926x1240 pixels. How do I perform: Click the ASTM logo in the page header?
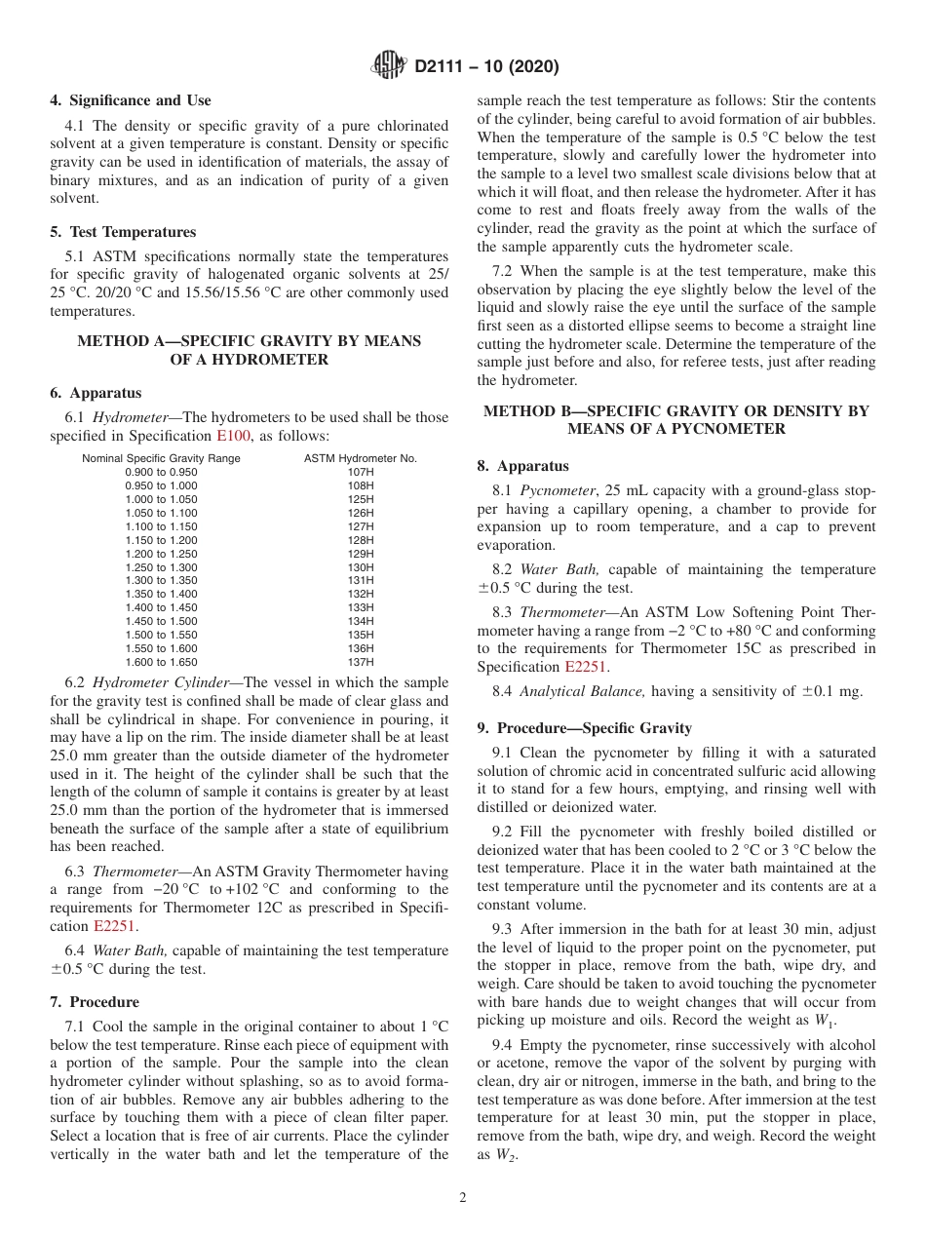(x=390, y=67)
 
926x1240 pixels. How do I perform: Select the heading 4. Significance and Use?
(x=130, y=100)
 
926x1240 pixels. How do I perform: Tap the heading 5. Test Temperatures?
(x=123, y=232)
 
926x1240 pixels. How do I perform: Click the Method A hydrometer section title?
(x=249, y=350)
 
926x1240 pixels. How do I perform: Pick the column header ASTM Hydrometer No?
(x=360, y=458)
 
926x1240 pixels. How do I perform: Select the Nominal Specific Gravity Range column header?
(x=161, y=458)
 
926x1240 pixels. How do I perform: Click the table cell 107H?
(x=360, y=472)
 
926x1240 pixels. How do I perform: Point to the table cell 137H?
(x=360, y=662)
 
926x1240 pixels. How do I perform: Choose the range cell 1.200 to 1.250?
(x=161, y=554)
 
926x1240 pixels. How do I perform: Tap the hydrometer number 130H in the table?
(x=360, y=567)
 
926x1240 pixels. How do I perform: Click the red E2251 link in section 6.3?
(x=115, y=926)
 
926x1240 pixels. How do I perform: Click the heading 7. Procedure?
(x=95, y=1002)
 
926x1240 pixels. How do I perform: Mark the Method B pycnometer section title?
(x=675, y=420)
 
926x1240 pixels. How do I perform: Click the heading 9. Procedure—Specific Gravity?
(x=584, y=728)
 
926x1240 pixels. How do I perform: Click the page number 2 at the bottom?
(x=463, y=1198)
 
